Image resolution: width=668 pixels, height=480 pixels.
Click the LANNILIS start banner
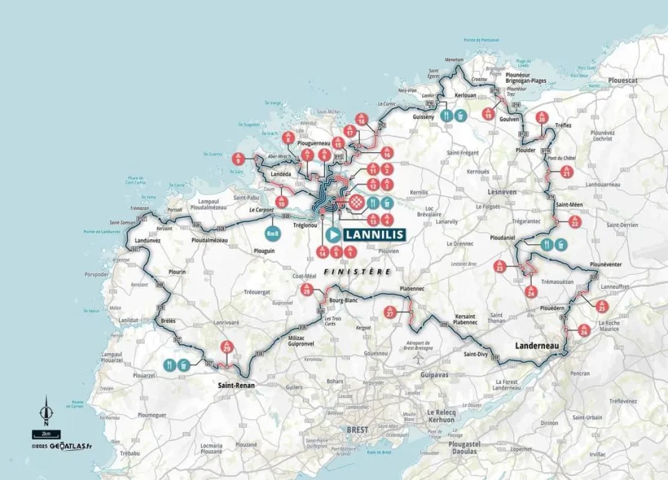364,235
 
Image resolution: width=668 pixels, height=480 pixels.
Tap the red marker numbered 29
226,347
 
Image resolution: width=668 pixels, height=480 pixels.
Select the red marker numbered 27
390,313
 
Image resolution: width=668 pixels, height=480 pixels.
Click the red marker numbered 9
238,159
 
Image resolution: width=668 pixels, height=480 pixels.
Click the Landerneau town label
536,346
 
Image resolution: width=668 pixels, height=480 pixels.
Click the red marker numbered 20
542,119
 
